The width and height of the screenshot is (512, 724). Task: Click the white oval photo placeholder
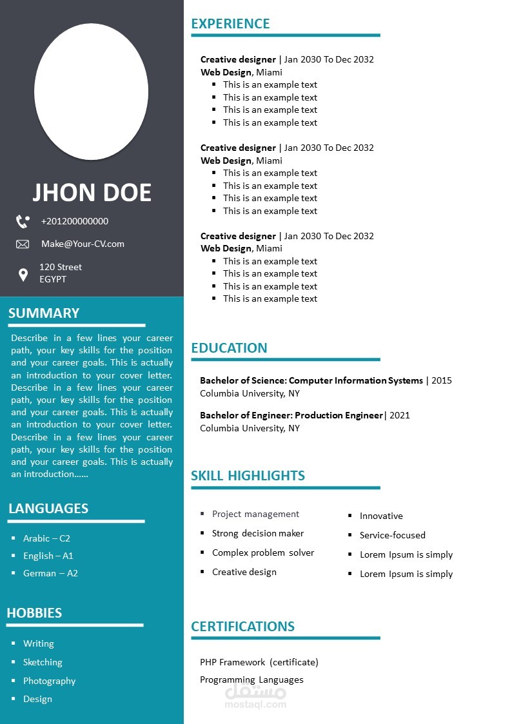91,92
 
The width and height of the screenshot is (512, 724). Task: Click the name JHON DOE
92,193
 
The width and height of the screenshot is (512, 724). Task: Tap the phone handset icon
23,222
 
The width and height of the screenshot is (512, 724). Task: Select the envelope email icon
23,244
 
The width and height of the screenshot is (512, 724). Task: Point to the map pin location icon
23,275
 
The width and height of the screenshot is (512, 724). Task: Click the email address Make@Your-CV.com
83,244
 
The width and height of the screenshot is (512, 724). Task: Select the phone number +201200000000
74,221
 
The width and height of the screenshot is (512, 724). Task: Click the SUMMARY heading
44,313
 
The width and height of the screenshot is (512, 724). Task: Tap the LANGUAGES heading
48,508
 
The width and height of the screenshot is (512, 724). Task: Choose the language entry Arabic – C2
46,538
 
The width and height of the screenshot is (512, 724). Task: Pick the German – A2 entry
50,573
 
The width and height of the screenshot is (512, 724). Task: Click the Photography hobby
49,681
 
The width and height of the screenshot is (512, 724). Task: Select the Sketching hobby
43,662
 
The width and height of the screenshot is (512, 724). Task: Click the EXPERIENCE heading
230,24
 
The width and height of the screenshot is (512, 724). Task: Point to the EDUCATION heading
229,348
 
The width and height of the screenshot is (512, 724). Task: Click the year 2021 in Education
399,415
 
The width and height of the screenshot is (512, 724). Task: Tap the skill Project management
255,514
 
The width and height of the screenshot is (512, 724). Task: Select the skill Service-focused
392,535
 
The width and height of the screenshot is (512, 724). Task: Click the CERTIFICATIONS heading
242,627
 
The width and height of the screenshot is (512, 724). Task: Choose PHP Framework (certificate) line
259,662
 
